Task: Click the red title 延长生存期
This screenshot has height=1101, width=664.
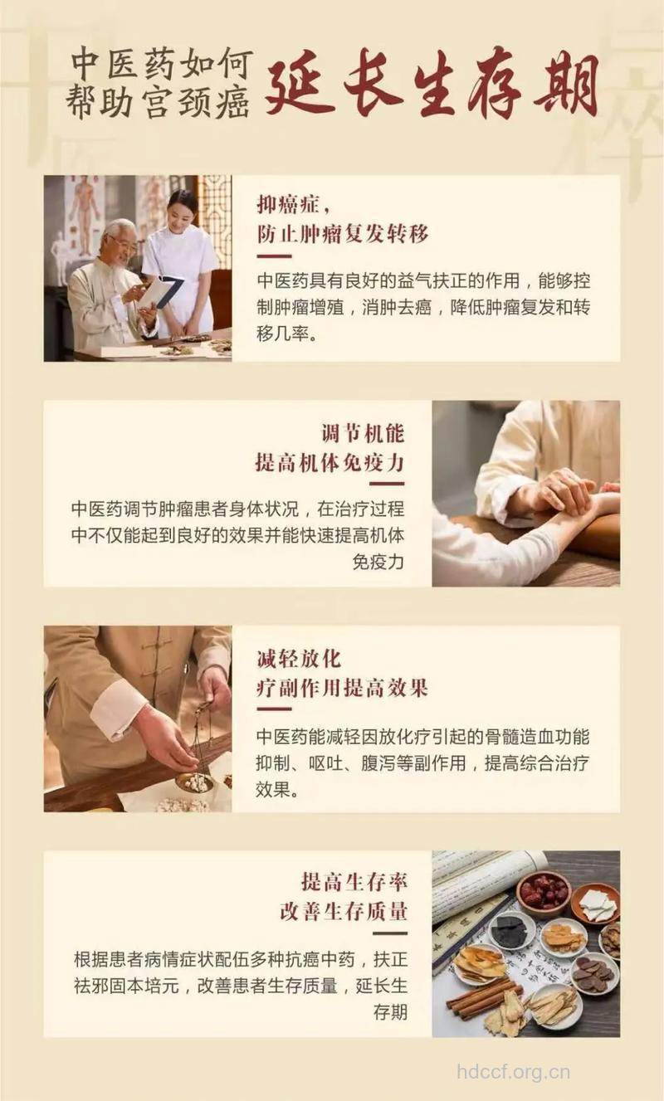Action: coord(432,84)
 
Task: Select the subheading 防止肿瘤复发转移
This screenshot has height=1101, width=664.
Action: coord(342,234)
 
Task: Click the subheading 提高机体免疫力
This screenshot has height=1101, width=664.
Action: coord(330,461)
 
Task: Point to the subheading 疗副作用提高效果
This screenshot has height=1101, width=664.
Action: coord(342,688)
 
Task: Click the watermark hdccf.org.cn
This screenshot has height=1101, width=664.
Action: coord(514,1072)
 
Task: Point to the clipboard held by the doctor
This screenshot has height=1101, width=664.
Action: coord(161,291)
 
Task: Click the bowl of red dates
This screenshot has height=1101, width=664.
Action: coord(543,891)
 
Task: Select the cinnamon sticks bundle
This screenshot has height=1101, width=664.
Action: coord(482,991)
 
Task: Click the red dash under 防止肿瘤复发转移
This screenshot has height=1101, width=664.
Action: coord(274,256)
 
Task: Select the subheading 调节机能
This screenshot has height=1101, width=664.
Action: coord(363,433)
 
